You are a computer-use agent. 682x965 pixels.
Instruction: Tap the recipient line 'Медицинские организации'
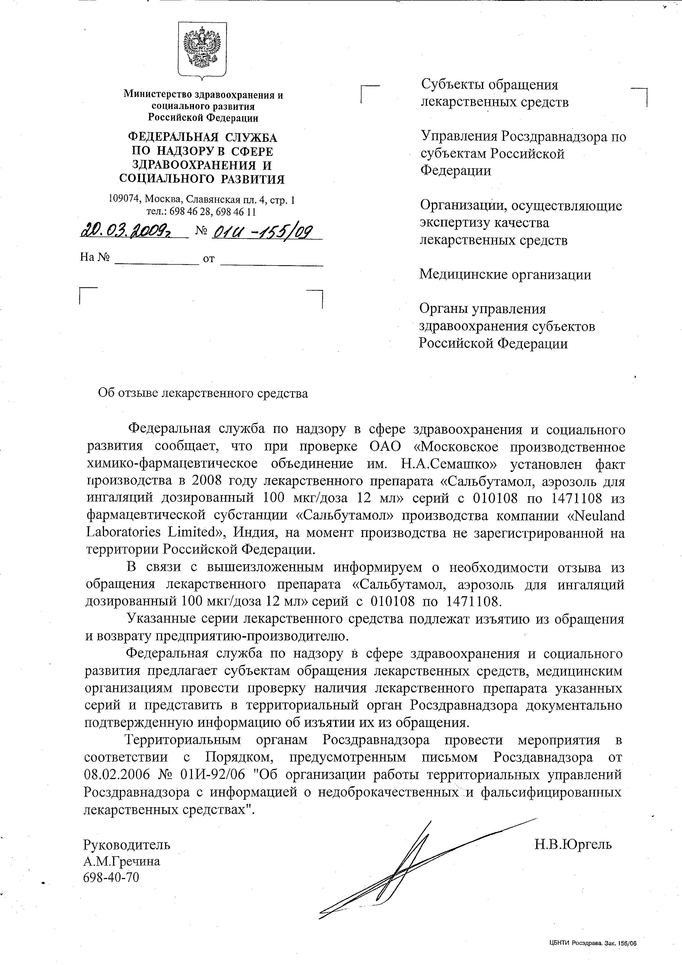point(505,275)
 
